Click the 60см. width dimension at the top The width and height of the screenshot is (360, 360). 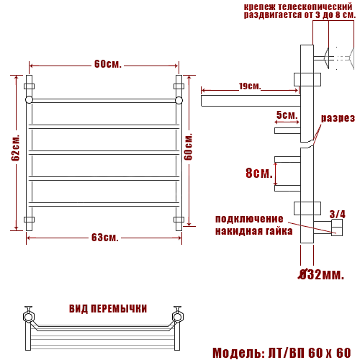107,64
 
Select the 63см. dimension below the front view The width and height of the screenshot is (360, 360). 104,238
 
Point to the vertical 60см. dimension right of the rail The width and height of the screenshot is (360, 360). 189,147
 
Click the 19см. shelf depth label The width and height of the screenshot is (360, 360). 249,86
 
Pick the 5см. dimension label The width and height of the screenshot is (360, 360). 286,115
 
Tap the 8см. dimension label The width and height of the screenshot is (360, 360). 259,173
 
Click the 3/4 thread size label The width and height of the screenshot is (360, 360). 337,214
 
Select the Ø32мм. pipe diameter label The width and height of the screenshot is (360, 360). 322,274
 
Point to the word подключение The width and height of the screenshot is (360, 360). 249,219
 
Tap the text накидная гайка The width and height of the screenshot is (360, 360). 253,231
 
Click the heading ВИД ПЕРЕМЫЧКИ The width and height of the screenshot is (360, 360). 108,308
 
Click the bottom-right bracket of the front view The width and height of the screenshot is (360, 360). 179,219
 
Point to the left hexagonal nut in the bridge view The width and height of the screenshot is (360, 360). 30,315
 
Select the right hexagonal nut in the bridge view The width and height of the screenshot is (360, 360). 176,315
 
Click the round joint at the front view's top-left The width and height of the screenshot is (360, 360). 30,100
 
